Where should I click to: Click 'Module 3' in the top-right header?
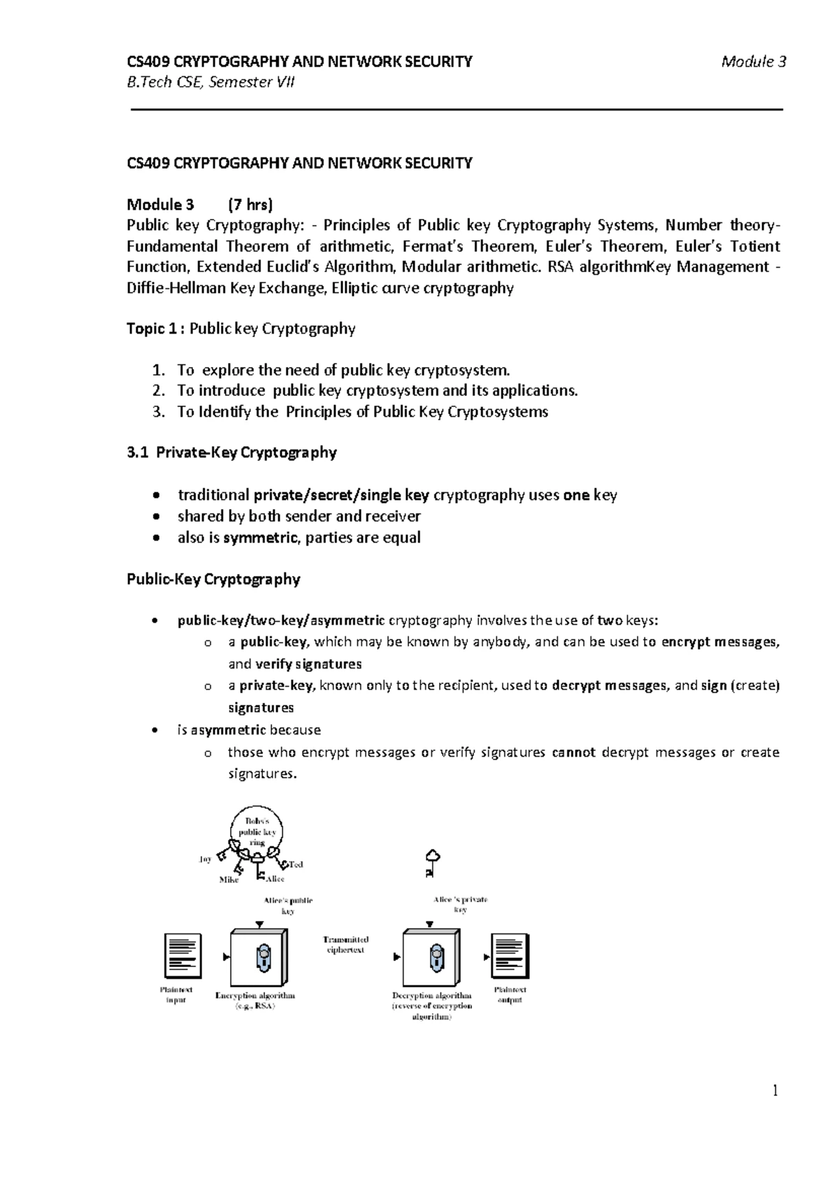click(754, 62)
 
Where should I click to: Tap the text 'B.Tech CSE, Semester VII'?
click(210, 83)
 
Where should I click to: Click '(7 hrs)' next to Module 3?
click(250, 205)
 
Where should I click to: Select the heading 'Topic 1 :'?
click(155, 329)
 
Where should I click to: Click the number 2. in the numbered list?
click(158, 391)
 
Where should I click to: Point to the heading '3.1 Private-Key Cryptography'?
click(231, 452)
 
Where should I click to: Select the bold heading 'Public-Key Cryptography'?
click(213, 579)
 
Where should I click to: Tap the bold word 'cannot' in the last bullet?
click(573, 752)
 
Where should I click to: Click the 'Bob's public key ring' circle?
click(257, 831)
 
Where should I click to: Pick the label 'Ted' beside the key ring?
click(296, 864)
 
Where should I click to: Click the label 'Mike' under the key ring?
click(229, 880)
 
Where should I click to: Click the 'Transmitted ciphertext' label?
click(345, 945)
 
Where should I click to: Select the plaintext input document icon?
click(182, 956)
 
